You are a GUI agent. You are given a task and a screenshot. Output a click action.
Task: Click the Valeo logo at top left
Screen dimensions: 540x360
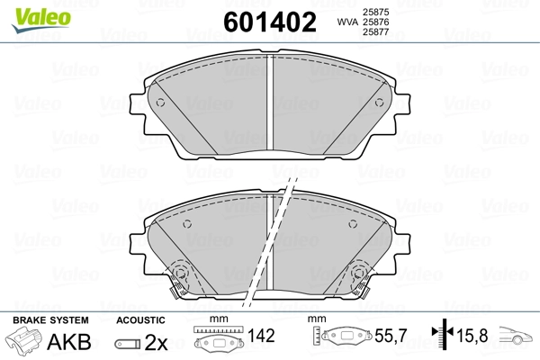41,20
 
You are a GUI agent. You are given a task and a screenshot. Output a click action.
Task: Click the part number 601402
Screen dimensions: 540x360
270,22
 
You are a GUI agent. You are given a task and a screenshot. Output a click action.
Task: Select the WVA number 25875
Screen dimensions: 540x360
375,12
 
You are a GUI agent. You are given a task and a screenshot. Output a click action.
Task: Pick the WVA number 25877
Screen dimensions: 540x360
375,32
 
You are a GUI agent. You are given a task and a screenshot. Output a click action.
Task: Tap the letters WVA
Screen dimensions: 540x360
347,22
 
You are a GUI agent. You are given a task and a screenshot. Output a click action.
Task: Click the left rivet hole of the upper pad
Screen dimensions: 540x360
160,103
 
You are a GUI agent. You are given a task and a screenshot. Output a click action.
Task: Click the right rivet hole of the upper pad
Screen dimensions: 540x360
379,103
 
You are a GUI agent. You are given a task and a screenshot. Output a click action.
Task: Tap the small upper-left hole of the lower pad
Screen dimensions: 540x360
187,224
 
